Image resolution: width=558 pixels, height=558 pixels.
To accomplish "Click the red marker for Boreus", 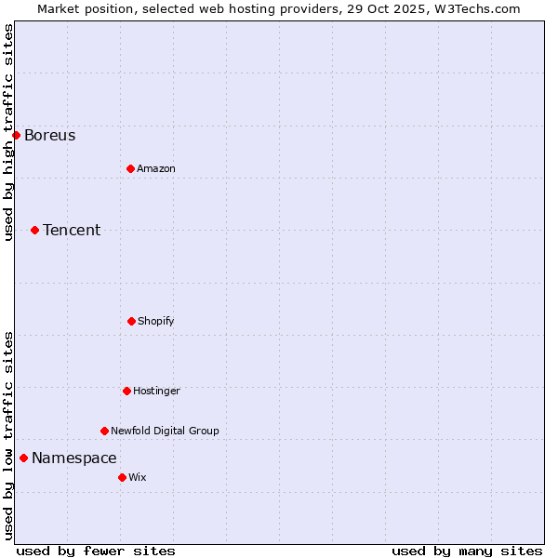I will (16, 135).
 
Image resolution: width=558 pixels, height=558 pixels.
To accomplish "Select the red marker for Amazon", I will (130, 168).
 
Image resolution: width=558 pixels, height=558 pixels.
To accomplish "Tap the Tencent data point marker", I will (34, 230).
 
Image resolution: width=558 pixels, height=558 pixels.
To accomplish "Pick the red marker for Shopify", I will (131, 321).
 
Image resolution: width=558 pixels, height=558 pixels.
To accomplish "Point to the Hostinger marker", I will (126, 391).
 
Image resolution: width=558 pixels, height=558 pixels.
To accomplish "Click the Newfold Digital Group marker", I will (104, 431).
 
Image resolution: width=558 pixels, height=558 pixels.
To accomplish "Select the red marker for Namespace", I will (23, 458).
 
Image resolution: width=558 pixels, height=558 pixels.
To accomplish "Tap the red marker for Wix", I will (122, 477).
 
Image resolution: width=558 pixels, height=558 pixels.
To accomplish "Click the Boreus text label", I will (50, 136).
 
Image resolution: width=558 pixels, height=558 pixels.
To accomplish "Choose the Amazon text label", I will (156, 169).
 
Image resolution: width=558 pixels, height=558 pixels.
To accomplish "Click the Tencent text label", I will (72, 231).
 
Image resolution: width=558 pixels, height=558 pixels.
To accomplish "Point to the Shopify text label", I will (156, 322).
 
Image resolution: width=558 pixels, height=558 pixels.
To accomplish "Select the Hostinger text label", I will (156, 392).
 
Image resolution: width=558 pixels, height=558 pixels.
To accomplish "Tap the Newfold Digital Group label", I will (165, 432).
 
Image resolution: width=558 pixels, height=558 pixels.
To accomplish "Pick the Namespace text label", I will (74, 458).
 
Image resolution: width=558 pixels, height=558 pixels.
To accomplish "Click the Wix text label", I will (138, 478).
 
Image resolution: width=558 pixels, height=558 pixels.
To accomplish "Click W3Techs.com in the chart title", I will (474, 8).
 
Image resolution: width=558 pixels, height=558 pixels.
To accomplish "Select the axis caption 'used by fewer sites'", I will (96, 551).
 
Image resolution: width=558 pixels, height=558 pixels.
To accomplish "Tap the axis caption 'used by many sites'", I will (467, 551).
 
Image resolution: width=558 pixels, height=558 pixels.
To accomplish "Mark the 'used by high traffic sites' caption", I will (8, 132).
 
